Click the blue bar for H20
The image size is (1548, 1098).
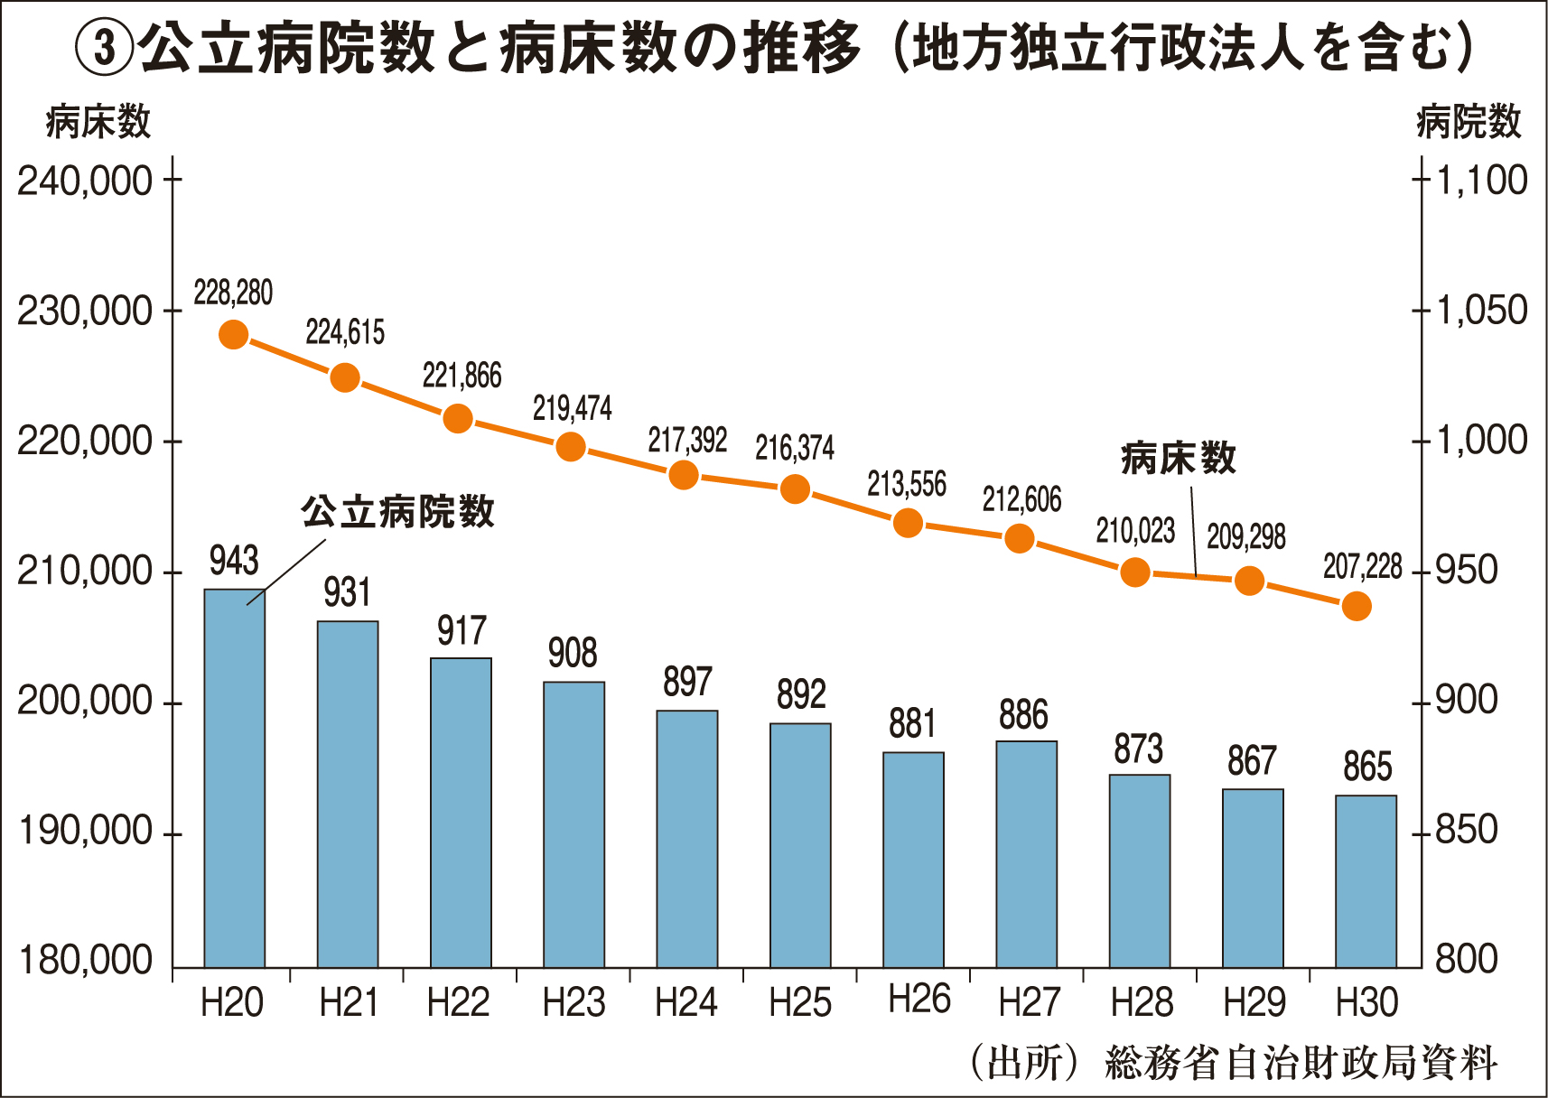235,778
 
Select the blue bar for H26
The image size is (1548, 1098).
913,860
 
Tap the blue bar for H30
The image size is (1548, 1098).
1366,881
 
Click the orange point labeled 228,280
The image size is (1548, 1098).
233,335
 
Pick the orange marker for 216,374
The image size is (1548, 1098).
795,489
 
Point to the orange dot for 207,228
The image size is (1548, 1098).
1357,607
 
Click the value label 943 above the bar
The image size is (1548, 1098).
234,562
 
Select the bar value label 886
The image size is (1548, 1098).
1023,716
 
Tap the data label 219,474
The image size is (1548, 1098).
572,409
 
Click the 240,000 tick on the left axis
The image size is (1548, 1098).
85,181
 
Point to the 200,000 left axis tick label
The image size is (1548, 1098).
85,702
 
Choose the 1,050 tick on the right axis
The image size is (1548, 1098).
1481,311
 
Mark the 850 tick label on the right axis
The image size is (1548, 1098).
1466,831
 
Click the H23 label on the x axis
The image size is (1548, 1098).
573,1003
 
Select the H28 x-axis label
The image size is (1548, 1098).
1141,1003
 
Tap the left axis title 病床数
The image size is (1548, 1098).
98,122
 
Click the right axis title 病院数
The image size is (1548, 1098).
1469,122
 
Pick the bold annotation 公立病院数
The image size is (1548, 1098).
397,512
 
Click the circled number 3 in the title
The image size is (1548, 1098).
105,49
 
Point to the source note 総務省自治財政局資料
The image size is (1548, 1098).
1301,1063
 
